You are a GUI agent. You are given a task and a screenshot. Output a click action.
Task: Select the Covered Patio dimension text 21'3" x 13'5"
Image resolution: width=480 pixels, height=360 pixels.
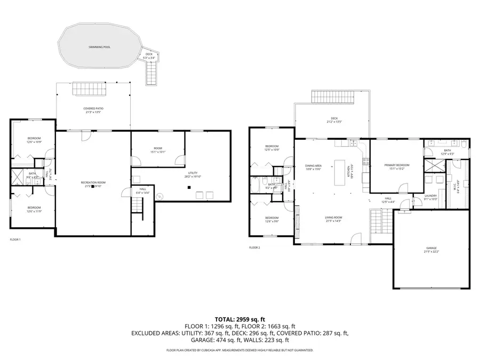click(x=92, y=113)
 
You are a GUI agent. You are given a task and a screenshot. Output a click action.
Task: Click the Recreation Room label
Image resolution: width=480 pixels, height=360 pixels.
click(x=92, y=182)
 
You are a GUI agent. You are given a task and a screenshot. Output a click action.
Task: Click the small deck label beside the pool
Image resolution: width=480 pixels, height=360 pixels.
click(x=149, y=54)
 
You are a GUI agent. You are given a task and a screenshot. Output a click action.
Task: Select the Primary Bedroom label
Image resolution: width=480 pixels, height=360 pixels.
click(x=397, y=165)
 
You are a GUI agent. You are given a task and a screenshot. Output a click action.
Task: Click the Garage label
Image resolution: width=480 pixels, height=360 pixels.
click(x=431, y=248)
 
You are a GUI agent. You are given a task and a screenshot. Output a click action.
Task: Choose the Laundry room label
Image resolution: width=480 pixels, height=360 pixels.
click(x=430, y=196)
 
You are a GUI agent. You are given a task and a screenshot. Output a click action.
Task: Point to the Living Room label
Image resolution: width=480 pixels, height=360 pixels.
click(x=334, y=217)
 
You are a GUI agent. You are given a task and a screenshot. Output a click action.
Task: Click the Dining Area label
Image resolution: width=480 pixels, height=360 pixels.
click(x=313, y=166)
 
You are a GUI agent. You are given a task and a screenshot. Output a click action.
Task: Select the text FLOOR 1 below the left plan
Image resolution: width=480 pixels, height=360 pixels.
click(x=15, y=240)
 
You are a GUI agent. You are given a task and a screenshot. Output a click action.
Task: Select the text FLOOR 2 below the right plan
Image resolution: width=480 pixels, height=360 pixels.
click(x=254, y=247)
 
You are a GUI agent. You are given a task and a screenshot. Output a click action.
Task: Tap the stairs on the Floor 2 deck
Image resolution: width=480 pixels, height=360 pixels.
click(x=333, y=97)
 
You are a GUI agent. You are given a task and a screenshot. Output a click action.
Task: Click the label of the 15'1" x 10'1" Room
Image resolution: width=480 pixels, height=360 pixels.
click(x=158, y=148)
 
